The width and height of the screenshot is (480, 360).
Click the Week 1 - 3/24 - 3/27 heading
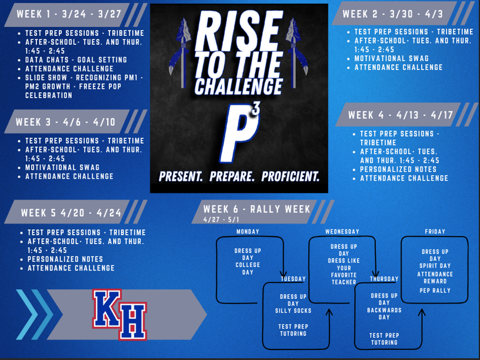69,14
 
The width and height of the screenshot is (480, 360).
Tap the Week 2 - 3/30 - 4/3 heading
393,14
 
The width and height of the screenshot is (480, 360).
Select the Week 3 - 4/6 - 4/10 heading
65,122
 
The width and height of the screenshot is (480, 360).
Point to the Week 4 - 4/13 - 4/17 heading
401,115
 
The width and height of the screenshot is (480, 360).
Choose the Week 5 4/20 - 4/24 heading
71,213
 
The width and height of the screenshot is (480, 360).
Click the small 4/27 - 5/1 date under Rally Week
221,220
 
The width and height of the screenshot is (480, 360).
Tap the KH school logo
119,315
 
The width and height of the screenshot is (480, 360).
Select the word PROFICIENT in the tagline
290,176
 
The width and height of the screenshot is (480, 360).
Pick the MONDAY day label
248,232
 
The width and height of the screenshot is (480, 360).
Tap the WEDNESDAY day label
342,232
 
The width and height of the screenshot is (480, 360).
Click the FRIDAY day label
435,232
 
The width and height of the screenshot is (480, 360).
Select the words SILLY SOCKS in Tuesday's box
293,311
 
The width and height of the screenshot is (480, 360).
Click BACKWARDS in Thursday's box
384,310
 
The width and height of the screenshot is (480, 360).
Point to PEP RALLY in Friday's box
435,291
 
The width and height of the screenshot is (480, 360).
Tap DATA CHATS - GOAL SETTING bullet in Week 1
76,59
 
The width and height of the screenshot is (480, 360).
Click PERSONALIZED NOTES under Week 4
398,169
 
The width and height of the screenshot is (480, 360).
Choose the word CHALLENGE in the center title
238,86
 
